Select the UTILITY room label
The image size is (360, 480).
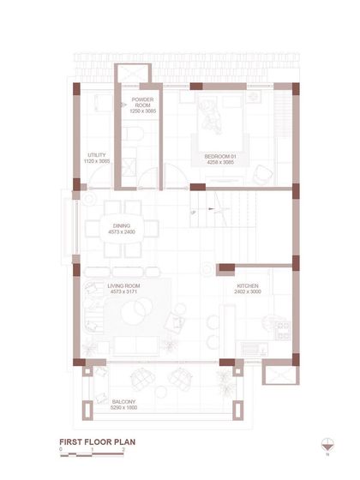point(97,155)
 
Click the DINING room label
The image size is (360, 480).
point(122,226)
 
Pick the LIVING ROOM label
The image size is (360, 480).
point(123,286)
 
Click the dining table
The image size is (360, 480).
point(123,230)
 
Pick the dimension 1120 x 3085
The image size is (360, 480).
point(97,161)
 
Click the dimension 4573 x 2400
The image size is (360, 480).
point(122,232)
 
